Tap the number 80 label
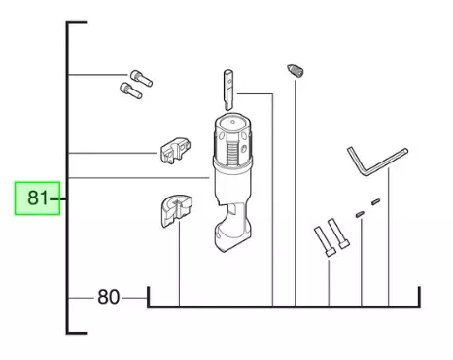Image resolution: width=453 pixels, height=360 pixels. [108, 296]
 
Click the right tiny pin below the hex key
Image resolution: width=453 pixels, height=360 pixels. [376, 201]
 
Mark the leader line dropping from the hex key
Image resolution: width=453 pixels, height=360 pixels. [390, 243]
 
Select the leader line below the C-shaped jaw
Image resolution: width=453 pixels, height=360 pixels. [180, 272]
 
